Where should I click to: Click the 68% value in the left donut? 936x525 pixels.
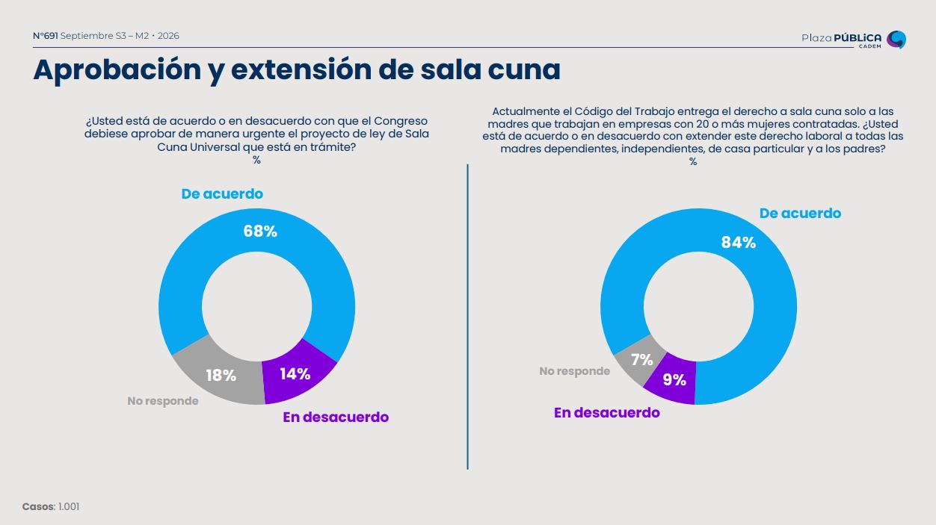click(x=260, y=232)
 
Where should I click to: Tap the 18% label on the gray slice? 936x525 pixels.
click(x=221, y=376)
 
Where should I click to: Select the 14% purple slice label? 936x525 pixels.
click(x=295, y=374)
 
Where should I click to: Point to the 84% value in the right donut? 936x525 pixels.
click(x=739, y=243)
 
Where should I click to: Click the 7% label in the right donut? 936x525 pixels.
click(x=642, y=360)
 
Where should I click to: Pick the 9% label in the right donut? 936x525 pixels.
click(x=674, y=380)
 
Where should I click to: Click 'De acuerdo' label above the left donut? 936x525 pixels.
click(x=222, y=193)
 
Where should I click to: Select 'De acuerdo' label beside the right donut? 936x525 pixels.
click(x=800, y=214)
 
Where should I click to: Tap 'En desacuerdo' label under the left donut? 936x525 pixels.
click(x=336, y=417)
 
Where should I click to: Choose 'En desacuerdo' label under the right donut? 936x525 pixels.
click(x=607, y=413)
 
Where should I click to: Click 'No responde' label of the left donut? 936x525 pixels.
click(x=163, y=401)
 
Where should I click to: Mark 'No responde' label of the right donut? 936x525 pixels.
click(x=575, y=371)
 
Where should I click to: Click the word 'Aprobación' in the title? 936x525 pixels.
click(x=117, y=69)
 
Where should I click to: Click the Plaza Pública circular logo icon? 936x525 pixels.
click(x=896, y=40)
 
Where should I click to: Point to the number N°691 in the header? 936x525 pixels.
click(x=45, y=36)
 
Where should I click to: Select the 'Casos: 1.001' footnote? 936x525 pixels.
click(x=51, y=506)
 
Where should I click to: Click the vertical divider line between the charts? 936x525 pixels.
click(x=467, y=317)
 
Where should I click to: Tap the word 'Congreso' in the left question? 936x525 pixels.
click(x=401, y=122)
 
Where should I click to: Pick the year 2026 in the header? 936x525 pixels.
click(x=168, y=36)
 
